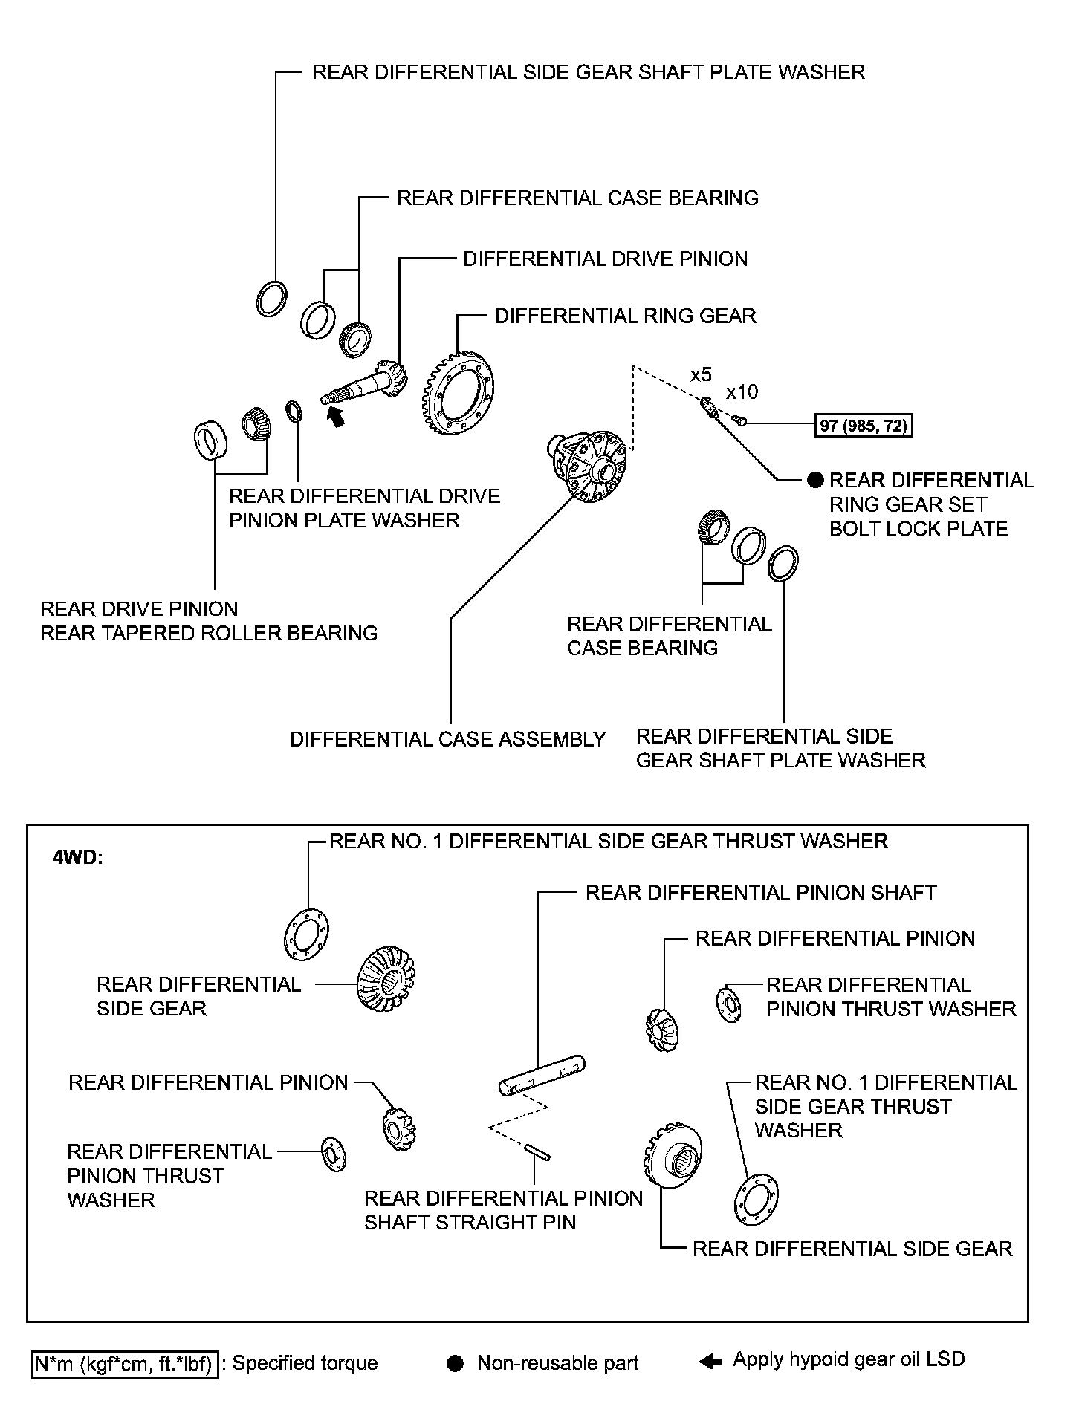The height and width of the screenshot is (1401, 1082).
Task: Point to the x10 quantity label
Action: [742, 392]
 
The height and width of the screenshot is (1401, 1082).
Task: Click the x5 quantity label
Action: [700, 374]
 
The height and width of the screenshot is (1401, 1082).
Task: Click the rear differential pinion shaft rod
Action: [542, 1075]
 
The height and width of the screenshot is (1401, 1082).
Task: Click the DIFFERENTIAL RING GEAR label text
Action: [625, 316]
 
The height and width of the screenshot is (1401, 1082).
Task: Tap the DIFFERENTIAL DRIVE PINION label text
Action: [605, 259]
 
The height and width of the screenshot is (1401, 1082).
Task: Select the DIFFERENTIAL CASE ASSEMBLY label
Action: [447, 739]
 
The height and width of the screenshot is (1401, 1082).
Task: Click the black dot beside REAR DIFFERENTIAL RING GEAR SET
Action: [815, 480]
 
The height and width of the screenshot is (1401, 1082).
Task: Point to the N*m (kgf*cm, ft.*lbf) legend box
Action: [126, 1363]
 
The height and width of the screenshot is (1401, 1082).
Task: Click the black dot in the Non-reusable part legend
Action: [456, 1363]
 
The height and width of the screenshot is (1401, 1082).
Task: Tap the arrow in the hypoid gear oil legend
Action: [710, 1362]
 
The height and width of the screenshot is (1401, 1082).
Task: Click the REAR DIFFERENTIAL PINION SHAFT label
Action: [761, 892]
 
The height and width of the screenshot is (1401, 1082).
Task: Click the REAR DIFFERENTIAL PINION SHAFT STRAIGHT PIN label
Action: [503, 1210]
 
